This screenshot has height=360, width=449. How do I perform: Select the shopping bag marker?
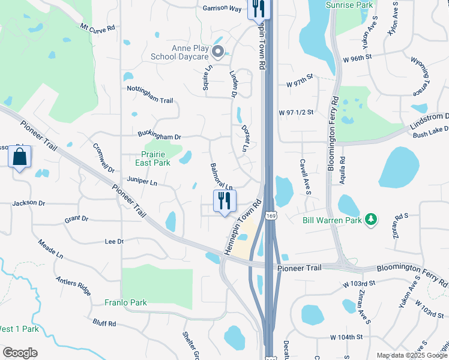(20, 158)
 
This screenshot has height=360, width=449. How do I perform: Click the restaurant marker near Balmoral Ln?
(225, 201)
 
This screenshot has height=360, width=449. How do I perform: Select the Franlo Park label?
(125, 302)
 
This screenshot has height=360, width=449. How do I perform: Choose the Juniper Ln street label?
(142, 180)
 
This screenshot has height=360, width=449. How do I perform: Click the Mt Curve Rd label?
(98, 28)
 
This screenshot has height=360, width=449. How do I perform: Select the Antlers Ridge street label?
(73, 287)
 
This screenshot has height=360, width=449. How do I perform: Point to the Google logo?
(20, 353)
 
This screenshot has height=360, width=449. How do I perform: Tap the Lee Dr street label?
(114, 241)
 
